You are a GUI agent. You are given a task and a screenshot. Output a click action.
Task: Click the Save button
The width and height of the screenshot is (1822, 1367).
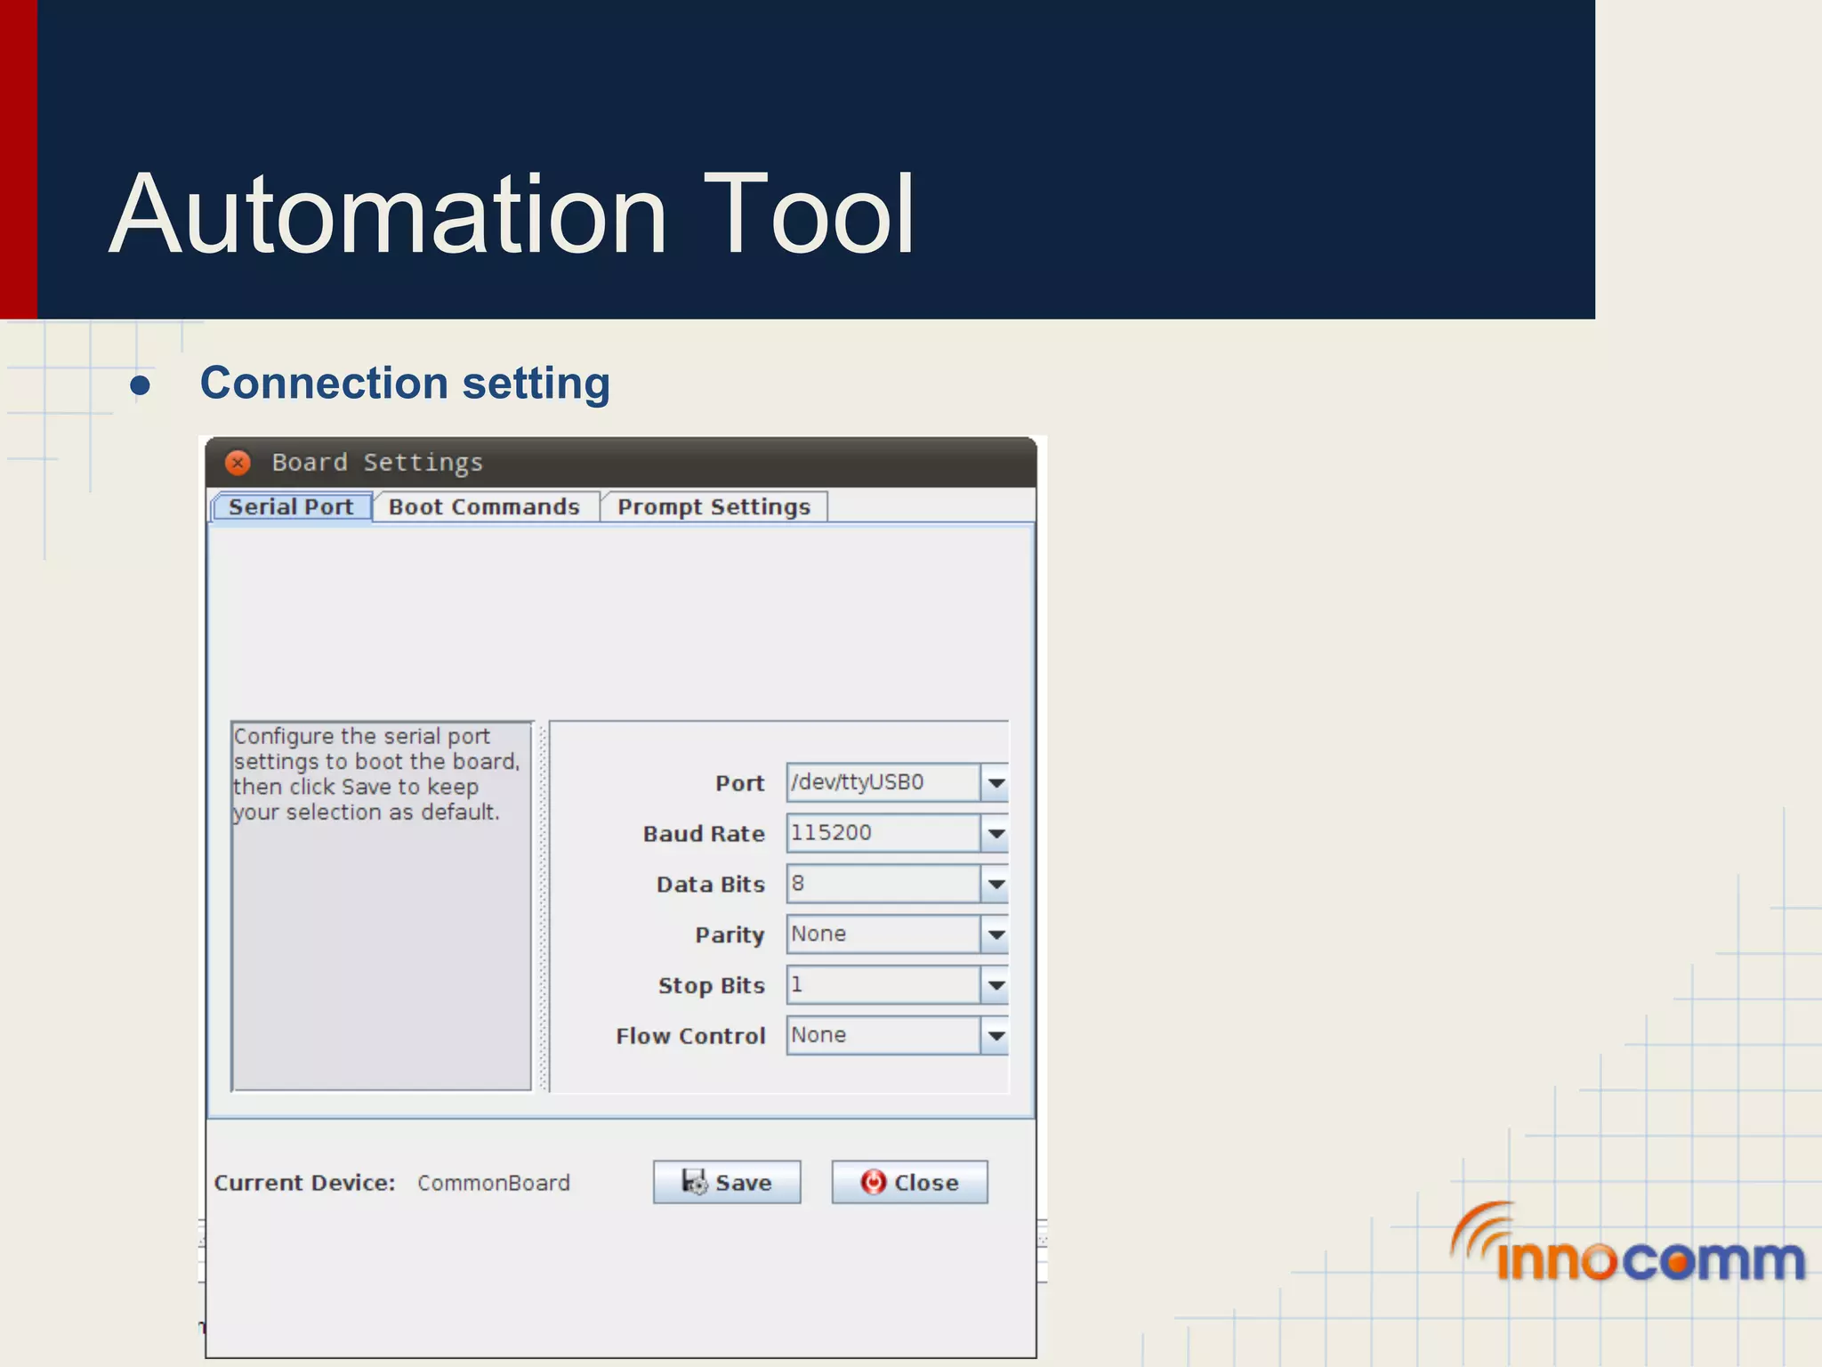tap(727, 1182)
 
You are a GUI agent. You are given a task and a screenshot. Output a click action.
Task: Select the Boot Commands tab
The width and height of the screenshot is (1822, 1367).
tap(484, 507)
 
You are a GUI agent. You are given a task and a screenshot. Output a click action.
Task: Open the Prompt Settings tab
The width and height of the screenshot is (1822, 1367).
tap(713, 507)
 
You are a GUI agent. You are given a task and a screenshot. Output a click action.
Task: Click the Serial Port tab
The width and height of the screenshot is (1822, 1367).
tap(291, 507)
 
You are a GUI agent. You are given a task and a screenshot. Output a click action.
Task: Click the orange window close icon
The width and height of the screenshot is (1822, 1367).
tap(238, 463)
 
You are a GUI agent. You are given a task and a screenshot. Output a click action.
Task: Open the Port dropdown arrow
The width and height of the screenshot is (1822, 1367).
tap(996, 783)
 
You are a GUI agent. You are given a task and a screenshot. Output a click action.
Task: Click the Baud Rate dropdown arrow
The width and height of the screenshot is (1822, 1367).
tap(996, 834)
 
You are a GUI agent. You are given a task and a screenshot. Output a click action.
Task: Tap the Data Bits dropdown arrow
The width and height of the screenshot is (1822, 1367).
tap(996, 885)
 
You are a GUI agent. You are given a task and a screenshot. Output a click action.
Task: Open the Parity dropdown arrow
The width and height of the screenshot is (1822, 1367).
tap(996, 934)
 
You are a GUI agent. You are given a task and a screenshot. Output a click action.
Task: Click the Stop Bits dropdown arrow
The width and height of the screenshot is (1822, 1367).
tap(996, 985)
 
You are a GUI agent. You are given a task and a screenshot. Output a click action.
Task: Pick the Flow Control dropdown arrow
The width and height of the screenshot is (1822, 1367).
tap(996, 1036)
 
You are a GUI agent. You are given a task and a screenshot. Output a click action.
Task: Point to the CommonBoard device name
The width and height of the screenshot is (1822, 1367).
tap(494, 1183)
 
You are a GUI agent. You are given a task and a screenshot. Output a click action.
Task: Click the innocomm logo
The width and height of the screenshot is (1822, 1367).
tap(1627, 1245)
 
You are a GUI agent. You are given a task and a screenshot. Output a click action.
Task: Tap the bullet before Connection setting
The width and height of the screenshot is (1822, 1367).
tap(140, 386)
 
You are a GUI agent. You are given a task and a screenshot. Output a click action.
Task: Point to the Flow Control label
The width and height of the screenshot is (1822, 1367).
tap(690, 1036)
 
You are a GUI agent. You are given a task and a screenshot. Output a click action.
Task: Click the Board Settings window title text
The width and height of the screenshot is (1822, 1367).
tap(377, 463)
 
